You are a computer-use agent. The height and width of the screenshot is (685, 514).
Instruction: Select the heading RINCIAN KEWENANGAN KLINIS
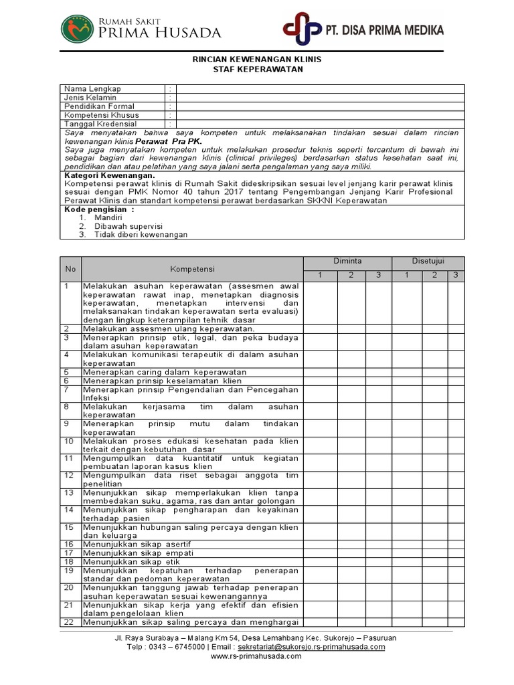(257, 60)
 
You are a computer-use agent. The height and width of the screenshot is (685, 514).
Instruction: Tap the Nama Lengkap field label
(92, 89)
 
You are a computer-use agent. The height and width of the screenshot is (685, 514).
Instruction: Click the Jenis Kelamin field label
(90, 98)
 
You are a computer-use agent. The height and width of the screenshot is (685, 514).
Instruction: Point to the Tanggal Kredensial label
(100, 124)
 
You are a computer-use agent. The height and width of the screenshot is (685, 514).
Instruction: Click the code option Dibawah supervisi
(124, 226)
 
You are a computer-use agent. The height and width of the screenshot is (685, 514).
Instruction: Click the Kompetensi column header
(192, 268)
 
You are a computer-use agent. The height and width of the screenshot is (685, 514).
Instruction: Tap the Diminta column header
(348, 261)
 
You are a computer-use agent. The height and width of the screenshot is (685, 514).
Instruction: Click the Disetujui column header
(428, 261)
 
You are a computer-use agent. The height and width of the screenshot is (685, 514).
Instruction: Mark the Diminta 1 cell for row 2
(320, 328)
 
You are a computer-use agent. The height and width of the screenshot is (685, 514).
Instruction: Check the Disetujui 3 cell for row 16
(455, 545)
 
